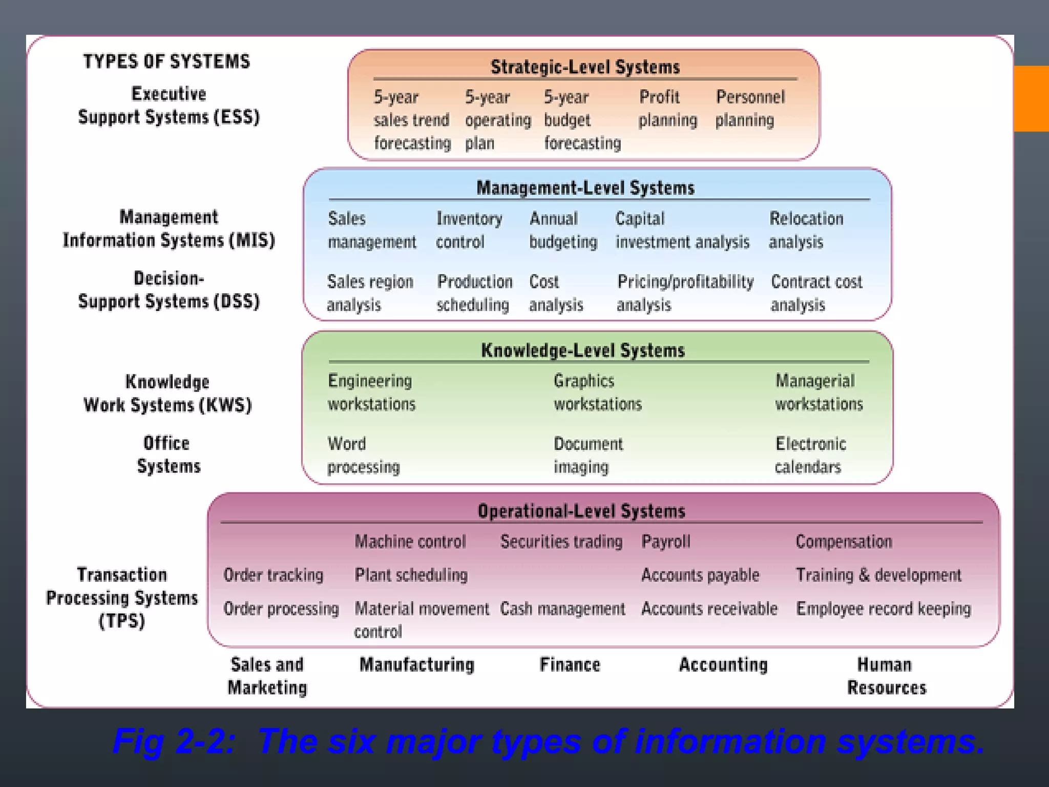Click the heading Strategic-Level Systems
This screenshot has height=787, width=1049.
point(585,67)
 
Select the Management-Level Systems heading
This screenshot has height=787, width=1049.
point(585,188)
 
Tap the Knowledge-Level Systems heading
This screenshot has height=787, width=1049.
point(583,350)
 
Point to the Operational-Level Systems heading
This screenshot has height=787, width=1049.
point(581,511)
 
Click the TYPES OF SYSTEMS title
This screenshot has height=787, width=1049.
point(166,61)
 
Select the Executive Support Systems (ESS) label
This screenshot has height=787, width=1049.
point(169,106)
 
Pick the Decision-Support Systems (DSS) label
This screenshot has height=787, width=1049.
point(169,290)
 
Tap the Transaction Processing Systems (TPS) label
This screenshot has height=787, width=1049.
point(122,597)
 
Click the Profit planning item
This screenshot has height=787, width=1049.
point(667,109)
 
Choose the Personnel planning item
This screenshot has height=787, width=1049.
point(749,109)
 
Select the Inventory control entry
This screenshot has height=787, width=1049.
point(468,230)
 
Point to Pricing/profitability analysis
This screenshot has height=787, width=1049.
point(684,293)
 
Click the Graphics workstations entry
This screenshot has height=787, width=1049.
point(597,392)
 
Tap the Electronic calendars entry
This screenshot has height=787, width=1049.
point(810,455)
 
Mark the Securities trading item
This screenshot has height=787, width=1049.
point(561,542)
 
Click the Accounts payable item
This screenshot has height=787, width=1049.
point(700,575)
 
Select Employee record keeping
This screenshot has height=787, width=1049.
point(883,609)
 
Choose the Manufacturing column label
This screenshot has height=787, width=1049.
point(416,665)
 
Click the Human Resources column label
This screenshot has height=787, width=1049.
point(886,676)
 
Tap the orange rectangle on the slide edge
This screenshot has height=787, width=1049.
point(1031,98)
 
